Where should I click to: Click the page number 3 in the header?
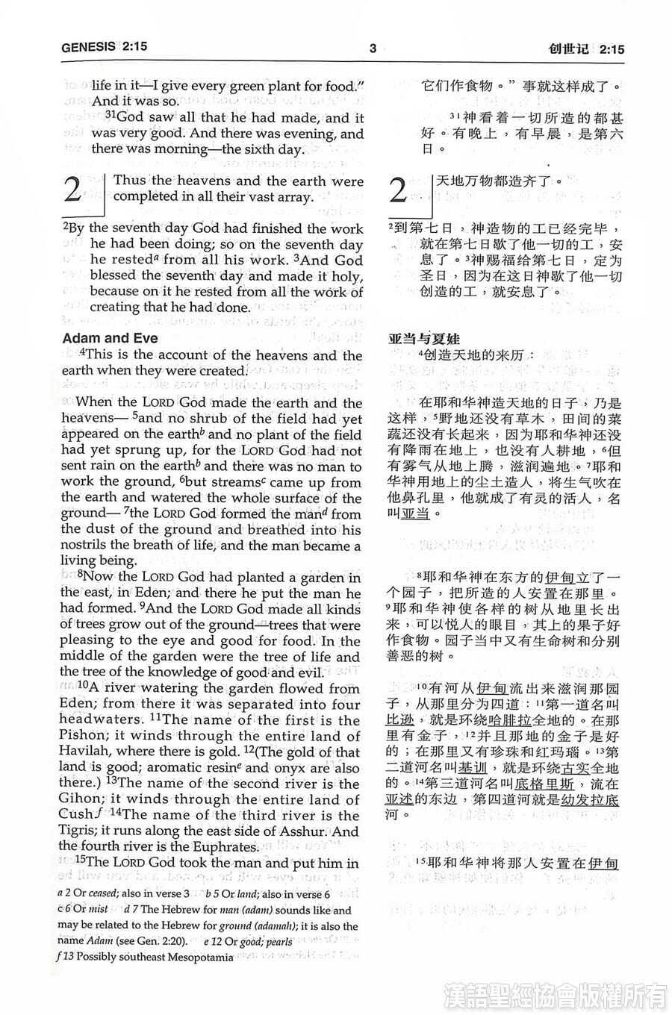coord(373,49)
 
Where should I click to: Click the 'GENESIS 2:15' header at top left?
coord(105,47)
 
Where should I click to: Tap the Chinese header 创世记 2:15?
coord(585,49)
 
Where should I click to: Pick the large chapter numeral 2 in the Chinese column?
coord(399,191)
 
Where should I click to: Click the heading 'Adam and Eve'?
coord(110,338)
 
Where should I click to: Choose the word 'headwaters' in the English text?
coord(101,720)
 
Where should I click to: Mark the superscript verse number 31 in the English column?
coord(111,116)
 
